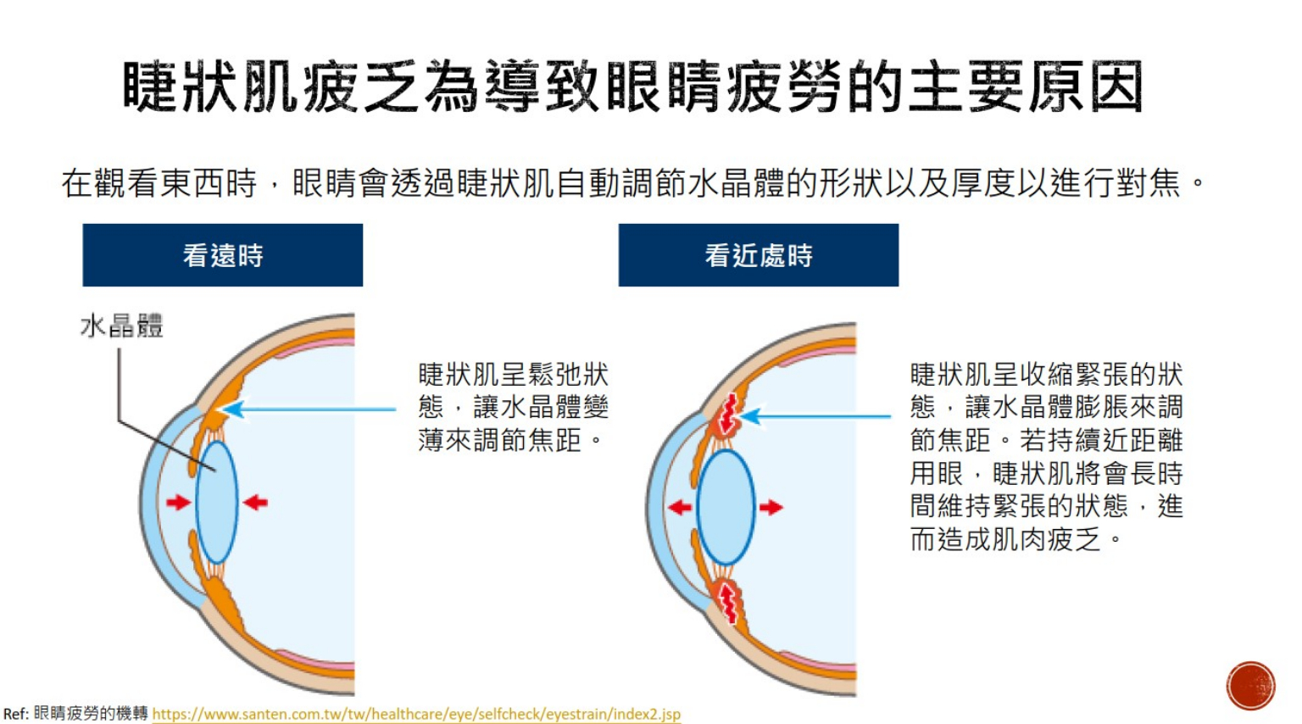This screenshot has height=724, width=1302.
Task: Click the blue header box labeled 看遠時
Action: [x=223, y=254]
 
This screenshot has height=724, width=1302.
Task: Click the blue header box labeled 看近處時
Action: [x=759, y=254]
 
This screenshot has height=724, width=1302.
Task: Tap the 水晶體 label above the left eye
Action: [x=121, y=326]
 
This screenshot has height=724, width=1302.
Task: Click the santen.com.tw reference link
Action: [x=416, y=714]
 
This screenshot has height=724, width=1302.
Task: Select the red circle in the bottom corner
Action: [x=1251, y=686]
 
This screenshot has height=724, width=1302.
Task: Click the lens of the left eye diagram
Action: [x=217, y=503]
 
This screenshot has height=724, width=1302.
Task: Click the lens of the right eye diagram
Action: [x=726, y=507]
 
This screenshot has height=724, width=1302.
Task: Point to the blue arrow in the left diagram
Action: [x=309, y=409]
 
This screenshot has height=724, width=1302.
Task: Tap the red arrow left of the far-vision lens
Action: [x=179, y=502]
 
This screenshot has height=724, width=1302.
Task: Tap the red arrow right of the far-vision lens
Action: [x=255, y=502]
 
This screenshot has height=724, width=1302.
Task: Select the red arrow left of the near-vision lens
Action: [x=680, y=507]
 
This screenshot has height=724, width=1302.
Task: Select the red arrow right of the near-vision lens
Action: [x=771, y=507]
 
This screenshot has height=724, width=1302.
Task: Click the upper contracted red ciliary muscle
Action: [x=727, y=414]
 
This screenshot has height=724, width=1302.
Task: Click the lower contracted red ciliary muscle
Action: [x=727, y=602]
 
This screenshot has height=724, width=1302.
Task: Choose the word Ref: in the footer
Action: [x=16, y=714]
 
